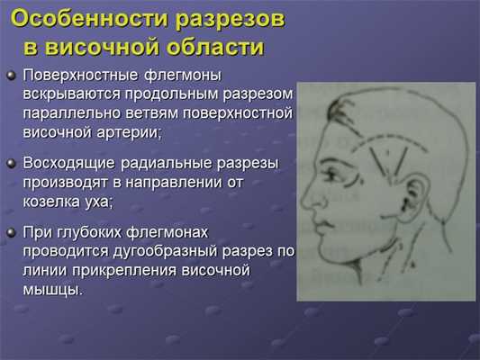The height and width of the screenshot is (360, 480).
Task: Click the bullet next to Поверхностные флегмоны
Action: [10, 76]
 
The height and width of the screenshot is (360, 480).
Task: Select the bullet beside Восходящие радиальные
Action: [10, 163]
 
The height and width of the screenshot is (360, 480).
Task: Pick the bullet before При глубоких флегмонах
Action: [10, 231]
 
